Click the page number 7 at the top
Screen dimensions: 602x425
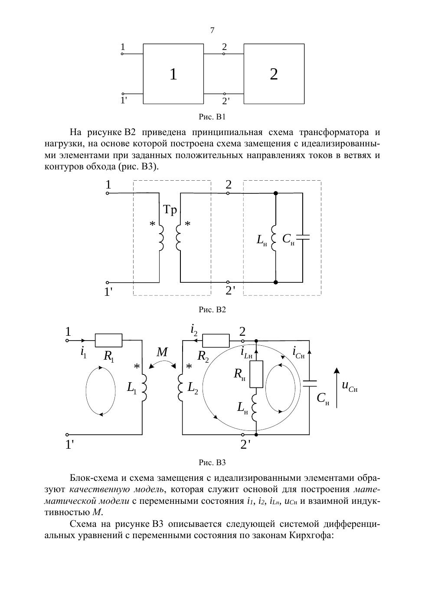(212, 30)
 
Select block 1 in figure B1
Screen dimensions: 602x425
(173, 74)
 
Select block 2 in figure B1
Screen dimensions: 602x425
(274, 74)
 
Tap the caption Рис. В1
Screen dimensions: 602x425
(212, 117)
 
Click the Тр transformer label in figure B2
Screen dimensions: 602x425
(170, 210)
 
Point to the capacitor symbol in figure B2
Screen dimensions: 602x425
(303, 237)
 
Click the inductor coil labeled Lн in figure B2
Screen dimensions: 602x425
(274, 238)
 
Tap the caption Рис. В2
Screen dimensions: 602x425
(212, 310)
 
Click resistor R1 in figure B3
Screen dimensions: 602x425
(108, 341)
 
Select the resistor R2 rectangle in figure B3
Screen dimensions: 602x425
(216, 341)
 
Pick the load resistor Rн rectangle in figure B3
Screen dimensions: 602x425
(256, 374)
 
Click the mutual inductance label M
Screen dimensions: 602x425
(162, 352)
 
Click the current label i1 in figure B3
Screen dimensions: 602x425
(83, 352)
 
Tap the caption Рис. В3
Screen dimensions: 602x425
(212, 462)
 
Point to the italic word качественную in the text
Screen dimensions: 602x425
(95, 490)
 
